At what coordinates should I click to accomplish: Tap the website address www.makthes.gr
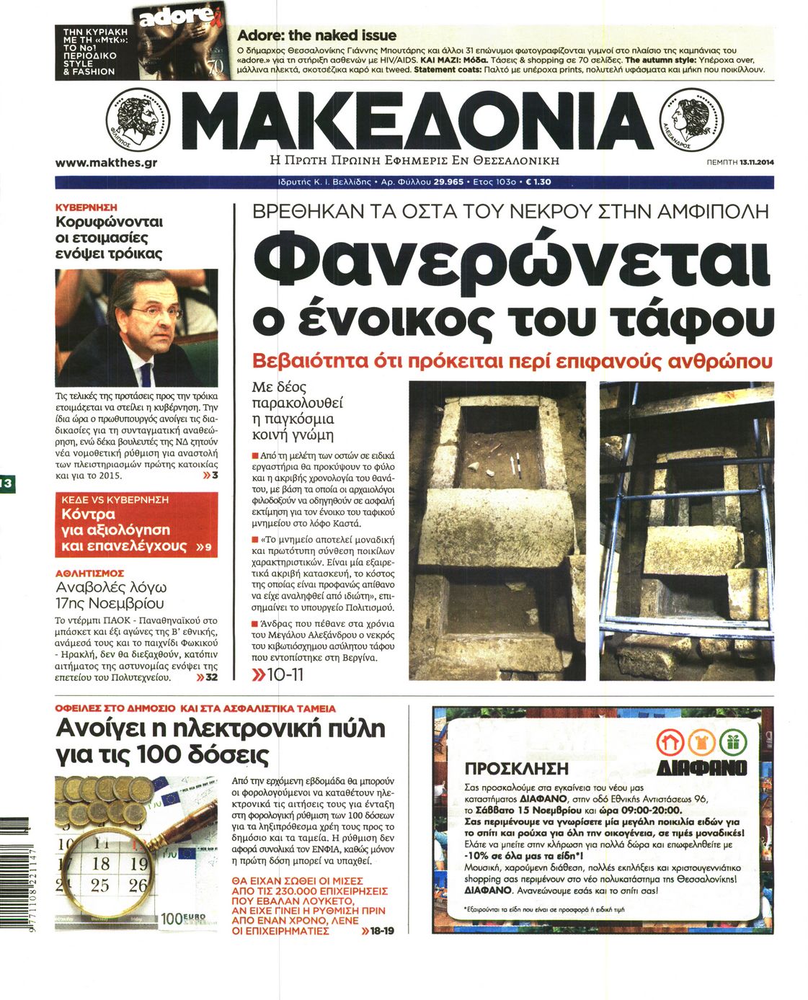106,163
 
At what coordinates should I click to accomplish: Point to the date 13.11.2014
756,163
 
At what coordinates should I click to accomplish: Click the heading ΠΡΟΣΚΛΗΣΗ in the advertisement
516,769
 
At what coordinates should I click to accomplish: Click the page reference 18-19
381,931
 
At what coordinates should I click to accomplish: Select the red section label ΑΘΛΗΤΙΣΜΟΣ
89,573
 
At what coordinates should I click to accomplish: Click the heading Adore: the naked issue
316,35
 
